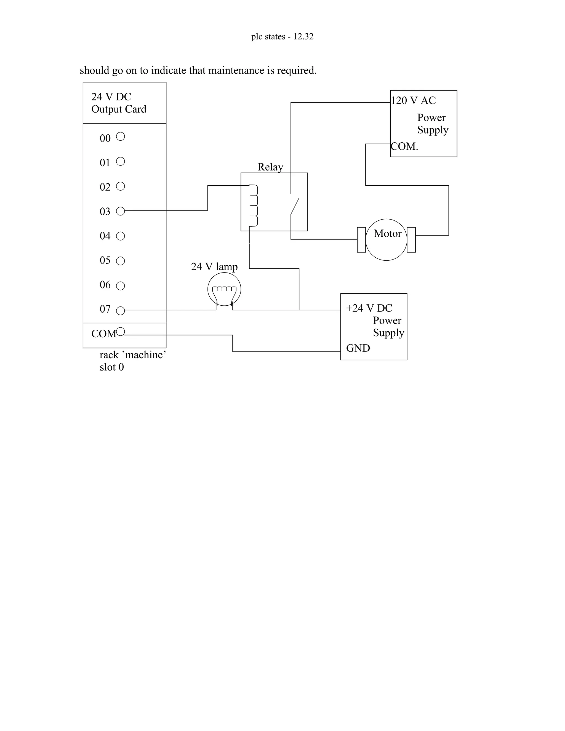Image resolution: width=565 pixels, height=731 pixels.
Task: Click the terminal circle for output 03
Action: click(x=120, y=211)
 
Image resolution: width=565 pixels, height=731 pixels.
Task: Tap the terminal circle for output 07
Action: click(x=120, y=311)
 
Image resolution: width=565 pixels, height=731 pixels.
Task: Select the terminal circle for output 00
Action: click(x=120, y=137)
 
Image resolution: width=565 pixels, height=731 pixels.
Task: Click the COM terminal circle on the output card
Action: click(x=120, y=332)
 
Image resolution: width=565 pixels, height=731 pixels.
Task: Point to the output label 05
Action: click(x=105, y=260)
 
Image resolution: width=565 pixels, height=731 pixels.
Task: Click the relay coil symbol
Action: click(x=253, y=206)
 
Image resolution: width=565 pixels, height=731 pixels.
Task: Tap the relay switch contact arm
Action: click(x=295, y=206)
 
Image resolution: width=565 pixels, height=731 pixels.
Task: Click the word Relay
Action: click(x=270, y=167)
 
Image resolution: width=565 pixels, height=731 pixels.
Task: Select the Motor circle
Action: click(x=386, y=240)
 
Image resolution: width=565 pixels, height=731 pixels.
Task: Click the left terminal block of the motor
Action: click(x=361, y=240)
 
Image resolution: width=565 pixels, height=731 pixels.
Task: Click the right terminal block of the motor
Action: click(x=411, y=240)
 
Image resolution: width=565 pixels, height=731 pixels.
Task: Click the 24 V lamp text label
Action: click(x=214, y=267)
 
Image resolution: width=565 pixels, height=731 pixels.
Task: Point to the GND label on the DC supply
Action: click(x=358, y=348)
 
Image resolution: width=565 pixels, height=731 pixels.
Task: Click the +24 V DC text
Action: click(x=369, y=308)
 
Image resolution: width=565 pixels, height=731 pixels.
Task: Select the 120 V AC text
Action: click(x=413, y=100)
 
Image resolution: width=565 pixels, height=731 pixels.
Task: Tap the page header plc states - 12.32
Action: click(x=282, y=36)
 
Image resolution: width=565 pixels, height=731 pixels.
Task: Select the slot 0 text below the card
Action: click(x=111, y=367)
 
